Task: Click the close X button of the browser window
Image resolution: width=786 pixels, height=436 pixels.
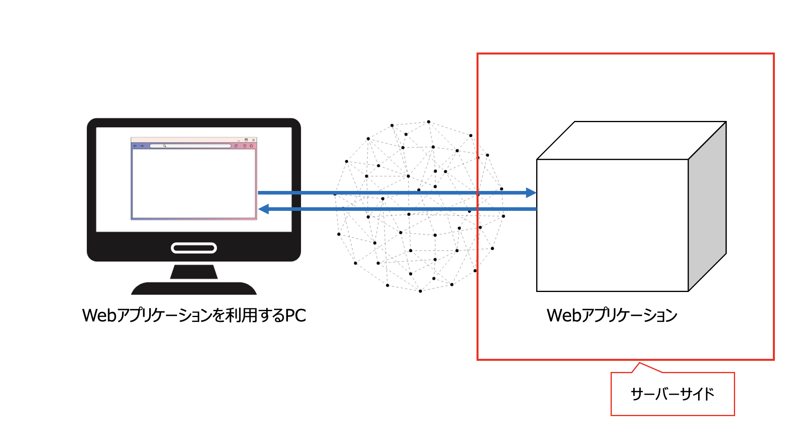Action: pos(253,140)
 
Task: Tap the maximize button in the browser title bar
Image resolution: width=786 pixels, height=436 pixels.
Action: pos(246,140)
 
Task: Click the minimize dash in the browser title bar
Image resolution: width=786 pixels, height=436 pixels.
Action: pos(239,140)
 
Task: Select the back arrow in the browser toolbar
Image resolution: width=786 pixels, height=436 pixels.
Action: pos(135,146)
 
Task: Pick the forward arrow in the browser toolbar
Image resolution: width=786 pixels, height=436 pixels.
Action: pos(142,146)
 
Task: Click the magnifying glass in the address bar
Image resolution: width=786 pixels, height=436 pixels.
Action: pos(164,146)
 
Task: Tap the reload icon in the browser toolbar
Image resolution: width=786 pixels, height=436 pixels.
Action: pos(236,146)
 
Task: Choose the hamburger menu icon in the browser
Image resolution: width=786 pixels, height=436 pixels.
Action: pos(245,146)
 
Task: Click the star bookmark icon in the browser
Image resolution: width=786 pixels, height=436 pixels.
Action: pos(251,146)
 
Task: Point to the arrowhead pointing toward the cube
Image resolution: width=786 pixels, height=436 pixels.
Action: pos(531,193)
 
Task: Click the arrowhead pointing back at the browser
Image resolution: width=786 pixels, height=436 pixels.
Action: pos(263,209)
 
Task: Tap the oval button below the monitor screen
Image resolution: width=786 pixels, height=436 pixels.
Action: pos(194,248)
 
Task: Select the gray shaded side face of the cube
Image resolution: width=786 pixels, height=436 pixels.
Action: pos(707,207)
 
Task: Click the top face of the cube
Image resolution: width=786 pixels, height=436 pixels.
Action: pos(632,140)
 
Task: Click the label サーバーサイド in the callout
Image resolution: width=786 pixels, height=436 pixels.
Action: pos(672,394)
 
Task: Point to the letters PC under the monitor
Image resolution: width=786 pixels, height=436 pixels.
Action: pos(296,315)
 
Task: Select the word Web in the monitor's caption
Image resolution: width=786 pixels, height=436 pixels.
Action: pos(99,315)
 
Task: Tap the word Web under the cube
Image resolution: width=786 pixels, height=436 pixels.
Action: pos(564,315)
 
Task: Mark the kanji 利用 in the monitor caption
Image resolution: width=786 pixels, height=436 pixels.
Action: pos(241,315)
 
